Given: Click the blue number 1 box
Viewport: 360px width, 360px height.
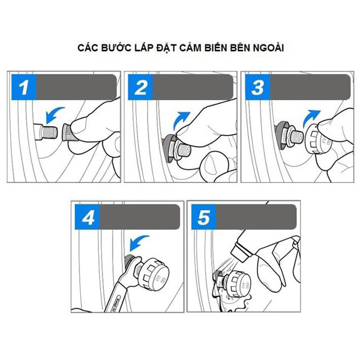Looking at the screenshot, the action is [24, 87].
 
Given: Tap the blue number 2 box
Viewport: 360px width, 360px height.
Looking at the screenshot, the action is [140, 87].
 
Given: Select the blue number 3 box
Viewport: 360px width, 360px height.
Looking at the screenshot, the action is [257, 87].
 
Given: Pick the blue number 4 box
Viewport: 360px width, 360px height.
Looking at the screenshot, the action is [88, 217].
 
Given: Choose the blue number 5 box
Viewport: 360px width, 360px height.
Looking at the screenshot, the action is [203, 217].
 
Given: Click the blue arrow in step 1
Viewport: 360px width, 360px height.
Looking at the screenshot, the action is [53, 113].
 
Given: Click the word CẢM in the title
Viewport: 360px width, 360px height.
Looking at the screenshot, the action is [190, 47].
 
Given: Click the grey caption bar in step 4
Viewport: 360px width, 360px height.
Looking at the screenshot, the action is [140, 217].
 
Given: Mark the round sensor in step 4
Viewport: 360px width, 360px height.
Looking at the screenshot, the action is [154, 273].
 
